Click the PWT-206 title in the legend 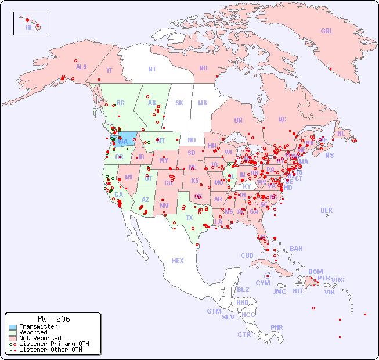pos(53,319)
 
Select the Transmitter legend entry pos(38,327)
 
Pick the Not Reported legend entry pos(40,338)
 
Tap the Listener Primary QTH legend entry pos(54,344)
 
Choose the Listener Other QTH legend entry pos(50,350)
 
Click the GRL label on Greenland pos(327,31)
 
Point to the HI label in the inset pos(28,27)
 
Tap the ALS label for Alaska pos(81,67)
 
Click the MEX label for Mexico pos(178,261)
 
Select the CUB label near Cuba pos(247,255)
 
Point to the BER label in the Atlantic pos(326,210)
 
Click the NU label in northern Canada pos(203,68)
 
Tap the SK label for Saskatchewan pos(179,103)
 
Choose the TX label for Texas pos(189,218)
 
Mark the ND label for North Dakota pos(192,140)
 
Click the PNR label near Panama pos(277,327)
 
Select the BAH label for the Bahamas pos(296,249)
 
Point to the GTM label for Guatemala pos(214,311)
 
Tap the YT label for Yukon pos(109,70)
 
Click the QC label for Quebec pos(282,119)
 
